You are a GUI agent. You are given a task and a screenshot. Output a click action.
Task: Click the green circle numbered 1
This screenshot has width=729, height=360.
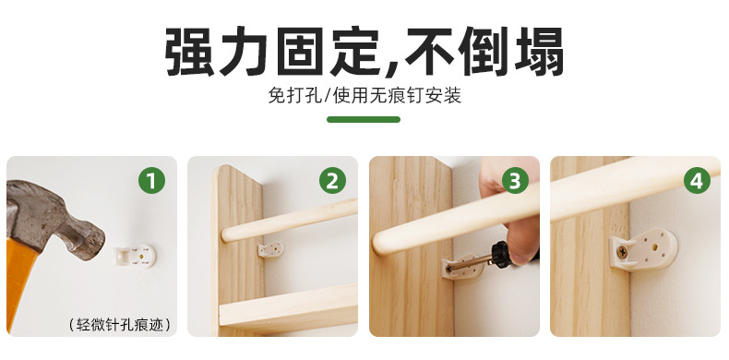pos(151,181)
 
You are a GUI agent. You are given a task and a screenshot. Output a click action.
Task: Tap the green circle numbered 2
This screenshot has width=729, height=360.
pos(332,181)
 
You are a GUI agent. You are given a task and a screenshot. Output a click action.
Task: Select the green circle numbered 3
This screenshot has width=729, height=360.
pos(515,181)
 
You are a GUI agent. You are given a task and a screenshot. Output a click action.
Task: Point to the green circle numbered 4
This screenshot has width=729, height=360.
pos(697,181)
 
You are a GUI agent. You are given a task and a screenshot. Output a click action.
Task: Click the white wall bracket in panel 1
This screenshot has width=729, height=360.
pos(136,257)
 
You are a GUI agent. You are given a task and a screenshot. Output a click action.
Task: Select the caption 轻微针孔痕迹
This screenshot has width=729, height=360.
pos(119,324)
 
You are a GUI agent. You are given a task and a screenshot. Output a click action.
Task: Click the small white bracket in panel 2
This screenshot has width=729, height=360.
pos(270,250)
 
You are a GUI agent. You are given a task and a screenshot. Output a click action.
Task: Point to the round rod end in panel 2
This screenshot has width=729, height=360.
pos(226,234)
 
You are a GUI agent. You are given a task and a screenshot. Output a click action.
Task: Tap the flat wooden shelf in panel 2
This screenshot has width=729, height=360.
pos(288,306)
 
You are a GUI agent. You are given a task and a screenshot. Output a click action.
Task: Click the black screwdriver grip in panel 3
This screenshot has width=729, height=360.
pos(501,254)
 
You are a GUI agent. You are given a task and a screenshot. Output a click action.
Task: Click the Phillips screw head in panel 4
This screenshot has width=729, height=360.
pos(622,253)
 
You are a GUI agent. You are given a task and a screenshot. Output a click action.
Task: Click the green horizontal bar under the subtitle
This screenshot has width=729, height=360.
pos(364,119)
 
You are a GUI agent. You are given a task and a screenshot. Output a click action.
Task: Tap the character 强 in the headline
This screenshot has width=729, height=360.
pos(190,52)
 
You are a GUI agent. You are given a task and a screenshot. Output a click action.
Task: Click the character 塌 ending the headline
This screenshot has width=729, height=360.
pos(538,52)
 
